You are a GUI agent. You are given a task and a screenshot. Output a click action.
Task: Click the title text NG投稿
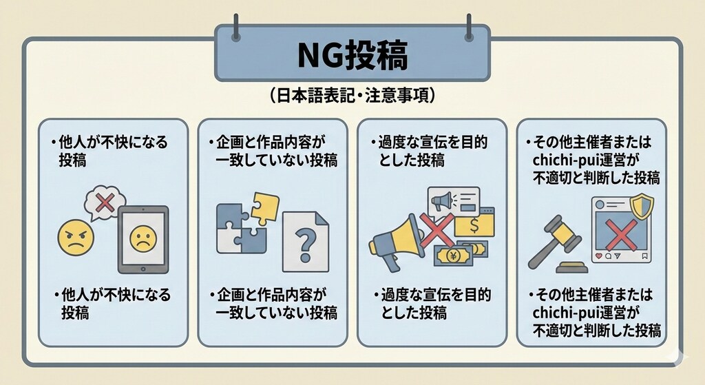[352, 55]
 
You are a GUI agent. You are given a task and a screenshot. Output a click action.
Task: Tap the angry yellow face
[76, 238]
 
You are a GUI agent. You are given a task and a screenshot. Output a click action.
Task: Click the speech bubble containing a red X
[105, 203]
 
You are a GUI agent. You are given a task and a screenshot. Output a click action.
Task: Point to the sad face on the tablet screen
[143, 238]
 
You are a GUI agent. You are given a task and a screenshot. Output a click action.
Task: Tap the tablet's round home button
[143, 269]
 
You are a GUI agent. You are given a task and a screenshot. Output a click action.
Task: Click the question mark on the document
[306, 244]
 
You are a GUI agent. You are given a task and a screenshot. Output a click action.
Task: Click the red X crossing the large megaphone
[436, 230]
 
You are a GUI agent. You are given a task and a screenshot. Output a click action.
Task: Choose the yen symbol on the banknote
[452, 257]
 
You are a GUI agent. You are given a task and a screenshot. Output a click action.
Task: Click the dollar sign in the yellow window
[474, 226]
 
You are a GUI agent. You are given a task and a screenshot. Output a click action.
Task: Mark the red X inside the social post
[621, 234]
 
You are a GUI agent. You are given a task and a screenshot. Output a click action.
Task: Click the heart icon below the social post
[599, 256]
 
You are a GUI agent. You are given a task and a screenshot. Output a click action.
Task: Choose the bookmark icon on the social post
[644, 256]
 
